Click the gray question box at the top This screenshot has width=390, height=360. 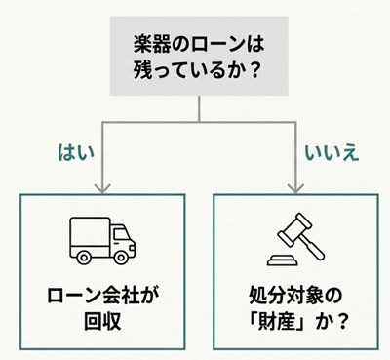pyautogui.click(x=200, y=59)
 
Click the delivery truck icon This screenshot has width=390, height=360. pyautogui.click(x=101, y=239)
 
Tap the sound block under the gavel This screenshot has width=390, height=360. pyautogui.click(x=280, y=260)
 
